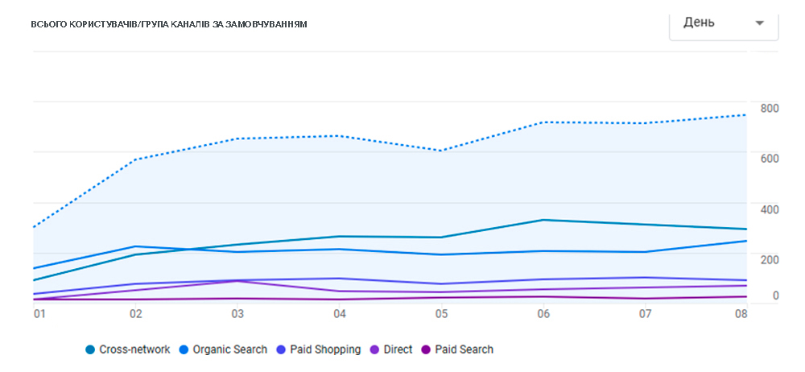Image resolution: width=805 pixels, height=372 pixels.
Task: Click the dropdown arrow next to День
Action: pos(759,23)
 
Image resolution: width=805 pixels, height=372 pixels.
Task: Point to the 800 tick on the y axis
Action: pos(770,108)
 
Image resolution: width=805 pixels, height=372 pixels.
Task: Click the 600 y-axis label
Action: pos(770,158)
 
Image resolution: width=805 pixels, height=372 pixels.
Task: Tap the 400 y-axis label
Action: pos(770,209)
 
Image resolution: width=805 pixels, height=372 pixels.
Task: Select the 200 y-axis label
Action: pos(770,258)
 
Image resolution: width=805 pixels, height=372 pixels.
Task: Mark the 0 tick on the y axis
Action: pos(776,296)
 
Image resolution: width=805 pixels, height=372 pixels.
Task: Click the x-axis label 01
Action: pos(39,313)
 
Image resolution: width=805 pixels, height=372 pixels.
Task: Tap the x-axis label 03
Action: pos(237,313)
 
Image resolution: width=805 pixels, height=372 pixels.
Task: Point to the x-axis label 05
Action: pos(441,313)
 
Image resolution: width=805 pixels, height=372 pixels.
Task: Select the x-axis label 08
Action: pos(741,313)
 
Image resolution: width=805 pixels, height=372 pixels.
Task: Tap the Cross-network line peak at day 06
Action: pos(543,220)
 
